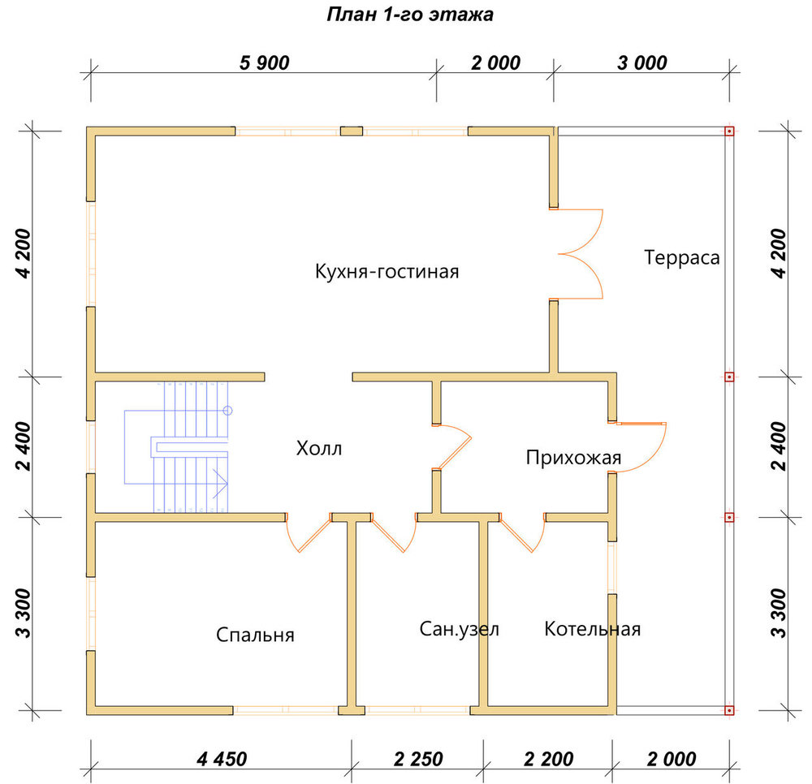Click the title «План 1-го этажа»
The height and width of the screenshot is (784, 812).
[409, 15]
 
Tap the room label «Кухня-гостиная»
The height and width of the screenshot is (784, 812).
[387, 271]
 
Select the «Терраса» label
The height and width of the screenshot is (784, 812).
[681, 258]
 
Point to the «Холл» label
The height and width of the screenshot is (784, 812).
[319, 448]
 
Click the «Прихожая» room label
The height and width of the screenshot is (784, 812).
[573, 458]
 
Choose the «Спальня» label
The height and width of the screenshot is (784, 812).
[255, 635]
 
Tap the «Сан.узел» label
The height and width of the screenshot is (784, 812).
[459, 629]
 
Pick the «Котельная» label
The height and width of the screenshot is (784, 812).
[593, 629]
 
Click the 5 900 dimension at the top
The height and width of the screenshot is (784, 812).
[264, 62]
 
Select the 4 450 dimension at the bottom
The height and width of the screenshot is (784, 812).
[222, 759]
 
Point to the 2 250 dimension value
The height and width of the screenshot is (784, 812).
[418, 759]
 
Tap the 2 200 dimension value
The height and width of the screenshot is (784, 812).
[548, 759]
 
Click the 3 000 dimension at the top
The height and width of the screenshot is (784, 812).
[642, 62]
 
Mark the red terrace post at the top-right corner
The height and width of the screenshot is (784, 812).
[729, 131]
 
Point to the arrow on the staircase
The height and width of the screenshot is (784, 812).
[221, 484]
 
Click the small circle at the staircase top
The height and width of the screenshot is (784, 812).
[227, 411]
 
